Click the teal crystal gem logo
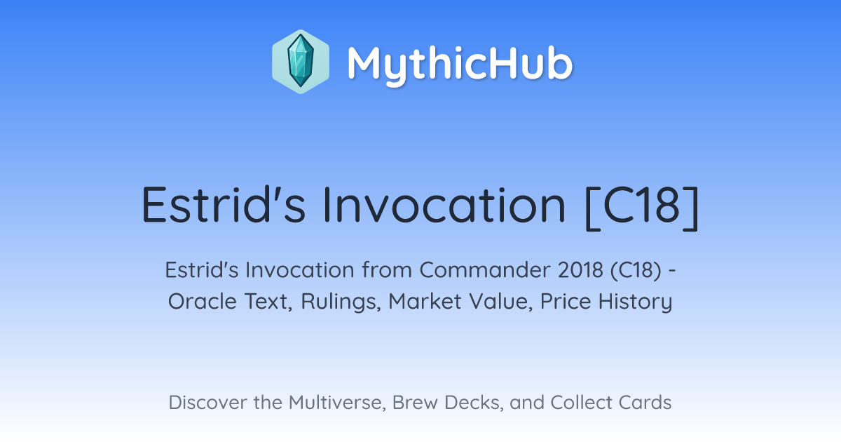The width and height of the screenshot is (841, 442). [x=301, y=61]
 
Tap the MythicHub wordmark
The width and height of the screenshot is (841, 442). [x=460, y=65]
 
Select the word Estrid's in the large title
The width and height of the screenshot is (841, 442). [x=224, y=205]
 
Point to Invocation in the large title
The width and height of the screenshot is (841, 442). [x=444, y=205]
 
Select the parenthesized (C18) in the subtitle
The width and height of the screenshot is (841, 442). [x=636, y=270]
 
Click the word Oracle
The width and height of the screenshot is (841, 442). [x=203, y=301]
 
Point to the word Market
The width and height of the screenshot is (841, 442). [x=425, y=301]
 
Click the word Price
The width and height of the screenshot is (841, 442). [x=566, y=301]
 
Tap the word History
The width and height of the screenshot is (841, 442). [x=635, y=302]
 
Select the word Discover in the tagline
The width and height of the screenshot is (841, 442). [x=207, y=402]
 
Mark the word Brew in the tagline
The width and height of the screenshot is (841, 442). [x=415, y=402]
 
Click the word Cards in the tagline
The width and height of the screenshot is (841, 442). [x=645, y=402]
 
